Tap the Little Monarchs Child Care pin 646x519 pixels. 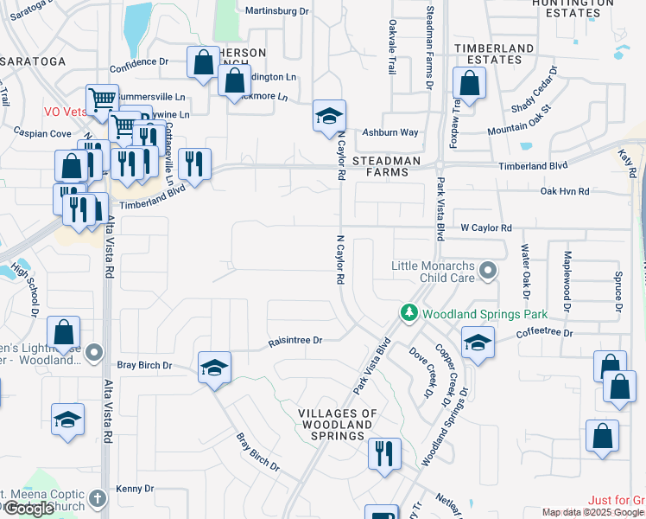click(488, 272)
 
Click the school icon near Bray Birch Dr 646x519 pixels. click(214, 368)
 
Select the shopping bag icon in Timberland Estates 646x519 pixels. click(470, 84)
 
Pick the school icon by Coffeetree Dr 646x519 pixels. click(478, 343)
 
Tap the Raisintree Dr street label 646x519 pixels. click(294, 341)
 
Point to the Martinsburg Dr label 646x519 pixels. click(276, 11)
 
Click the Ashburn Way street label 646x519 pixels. click(389, 132)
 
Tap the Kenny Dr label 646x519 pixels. click(135, 489)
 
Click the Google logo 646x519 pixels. click(28, 509)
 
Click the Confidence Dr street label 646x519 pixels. click(139, 62)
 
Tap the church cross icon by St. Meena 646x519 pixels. click(97, 498)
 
